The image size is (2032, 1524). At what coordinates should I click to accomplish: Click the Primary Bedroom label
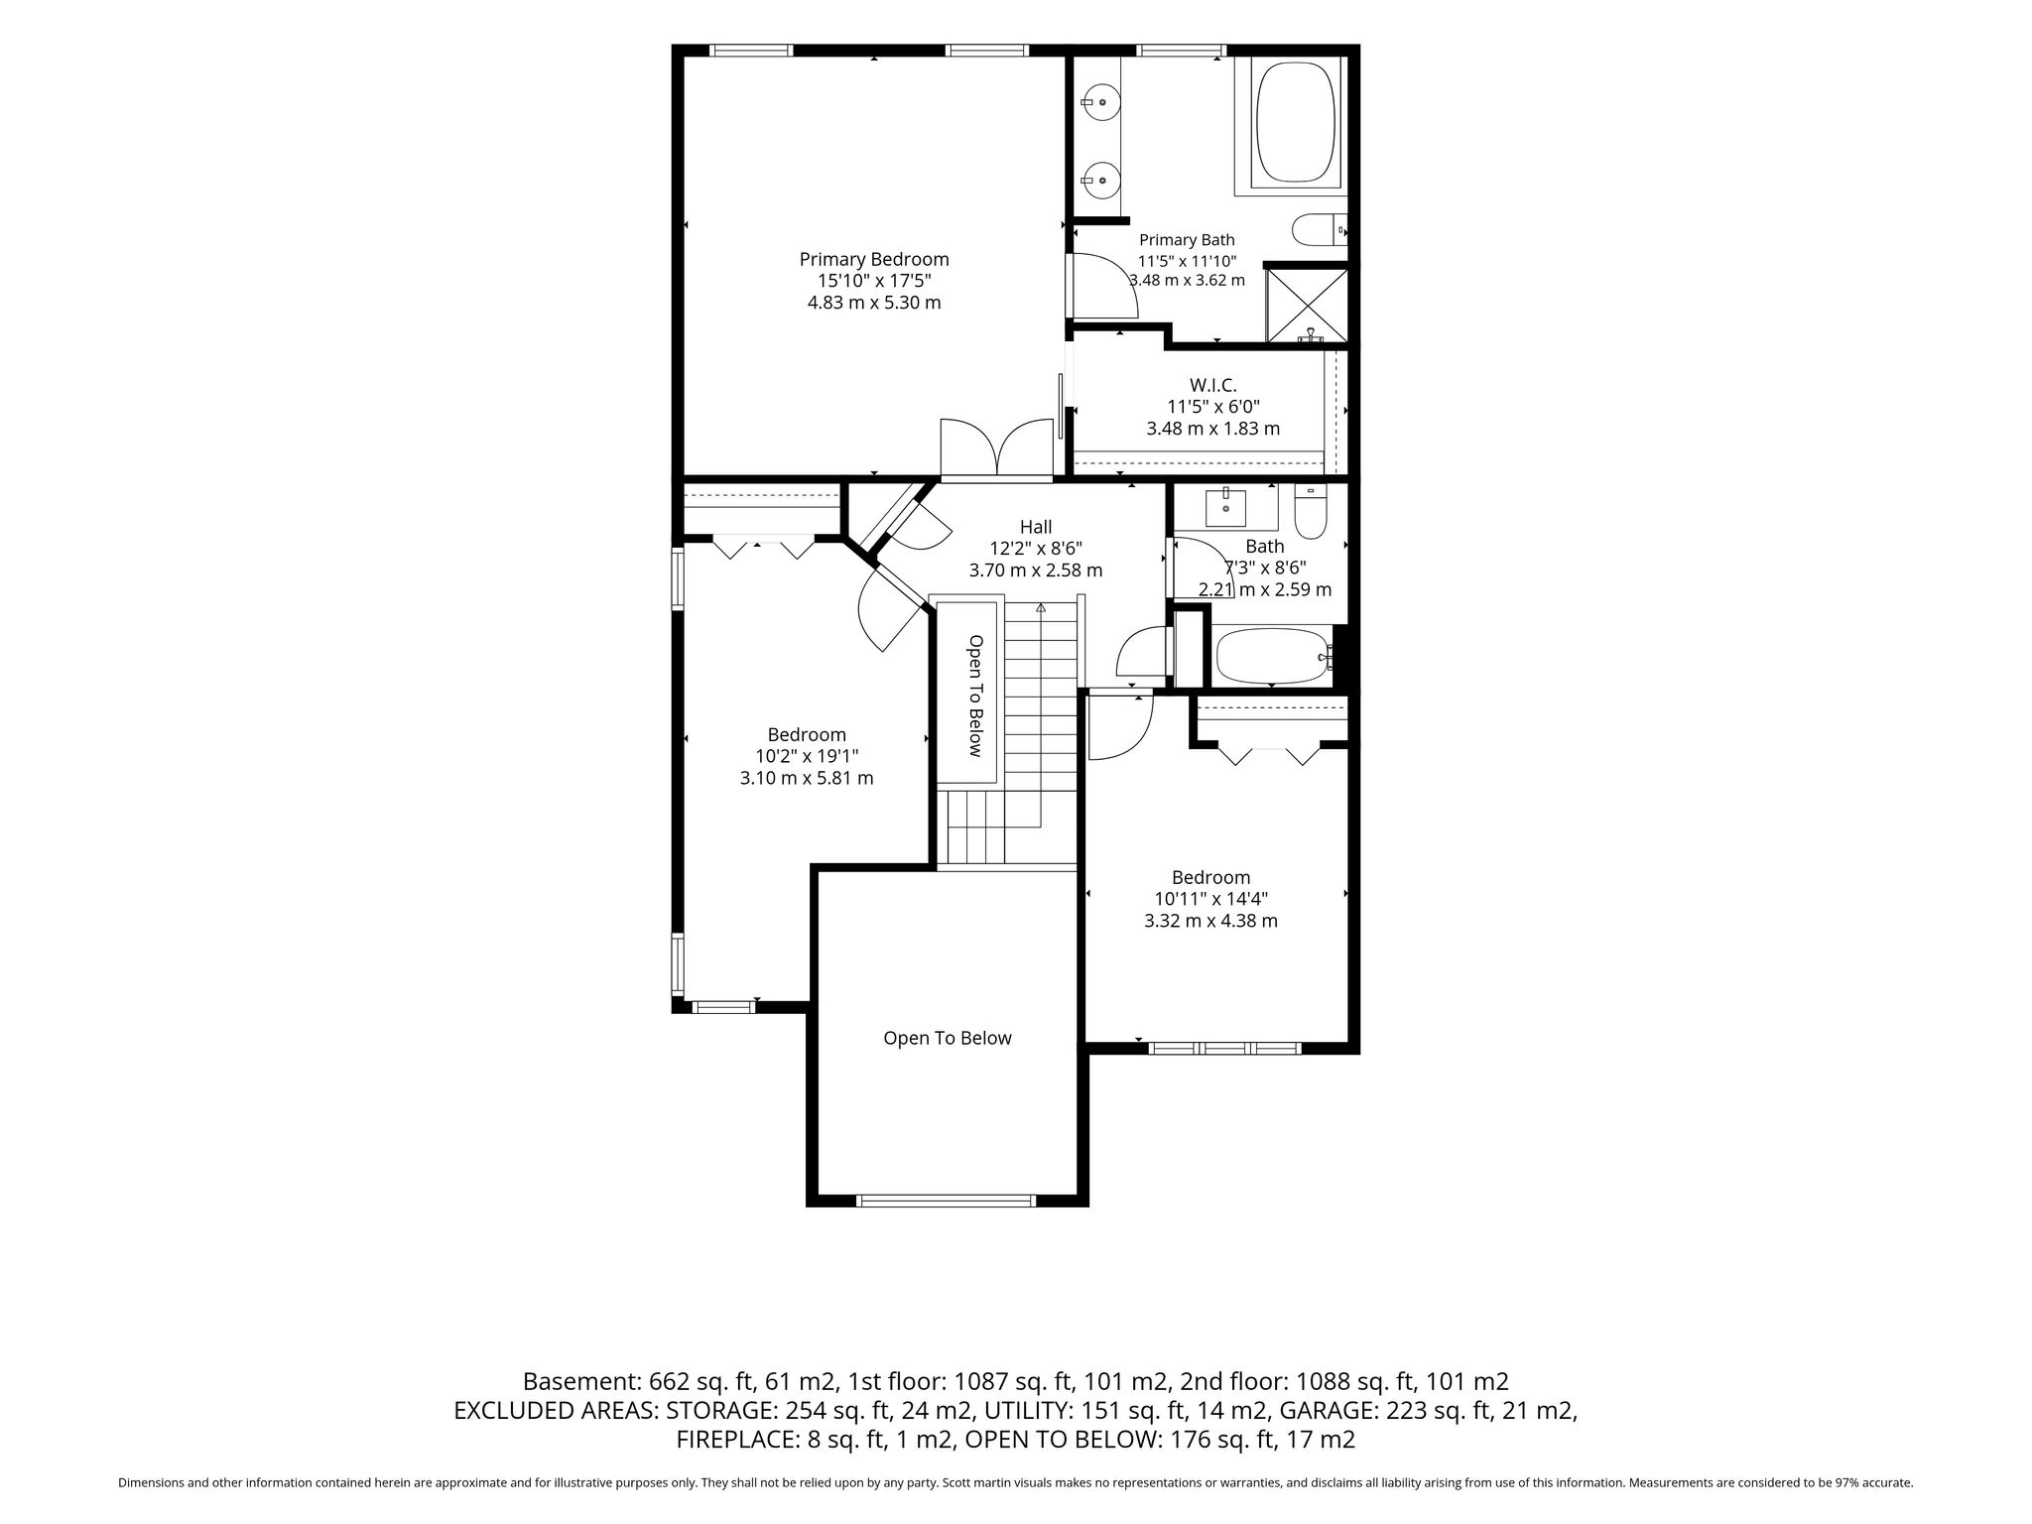[874, 260]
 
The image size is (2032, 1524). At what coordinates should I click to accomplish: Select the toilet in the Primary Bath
[1319, 230]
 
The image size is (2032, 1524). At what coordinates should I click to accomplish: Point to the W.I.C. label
[1212, 385]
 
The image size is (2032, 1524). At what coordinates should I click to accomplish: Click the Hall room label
[1036, 527]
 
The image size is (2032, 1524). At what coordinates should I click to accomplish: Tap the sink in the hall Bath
[1226, 506]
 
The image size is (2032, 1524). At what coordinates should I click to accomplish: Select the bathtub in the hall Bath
[1274, 655]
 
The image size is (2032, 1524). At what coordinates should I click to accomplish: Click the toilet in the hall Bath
[1311, 511]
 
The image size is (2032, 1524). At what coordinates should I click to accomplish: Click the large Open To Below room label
[948, 1038]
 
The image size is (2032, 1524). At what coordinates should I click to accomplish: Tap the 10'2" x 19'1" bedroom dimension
[807, 756]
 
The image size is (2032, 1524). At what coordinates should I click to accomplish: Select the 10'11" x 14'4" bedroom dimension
[1210, 899]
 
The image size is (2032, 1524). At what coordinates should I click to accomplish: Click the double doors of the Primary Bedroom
[996, 446]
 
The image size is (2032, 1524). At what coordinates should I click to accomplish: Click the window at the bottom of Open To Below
[946, 1201]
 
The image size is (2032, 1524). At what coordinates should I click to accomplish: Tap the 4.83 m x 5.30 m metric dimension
[874, 303]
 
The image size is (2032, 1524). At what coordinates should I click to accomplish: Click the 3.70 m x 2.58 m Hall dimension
[1036, 571]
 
